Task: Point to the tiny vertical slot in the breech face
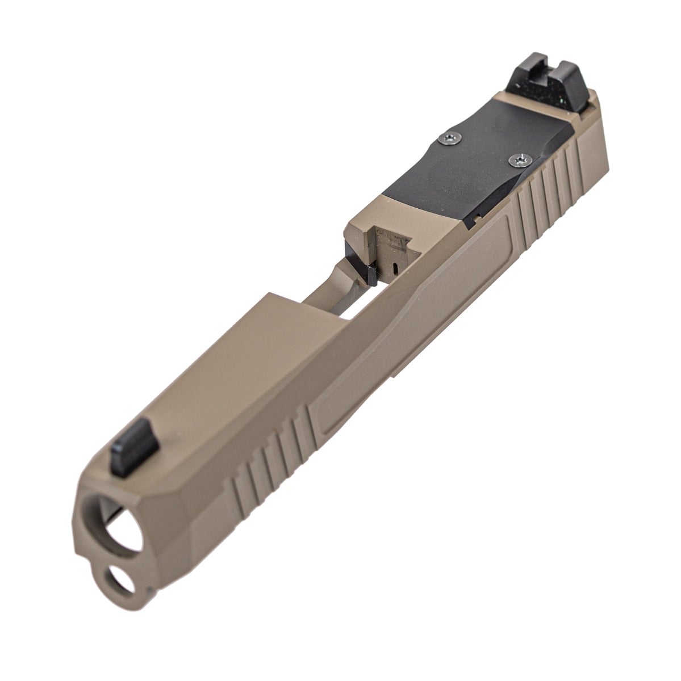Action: [x=394, y=266]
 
